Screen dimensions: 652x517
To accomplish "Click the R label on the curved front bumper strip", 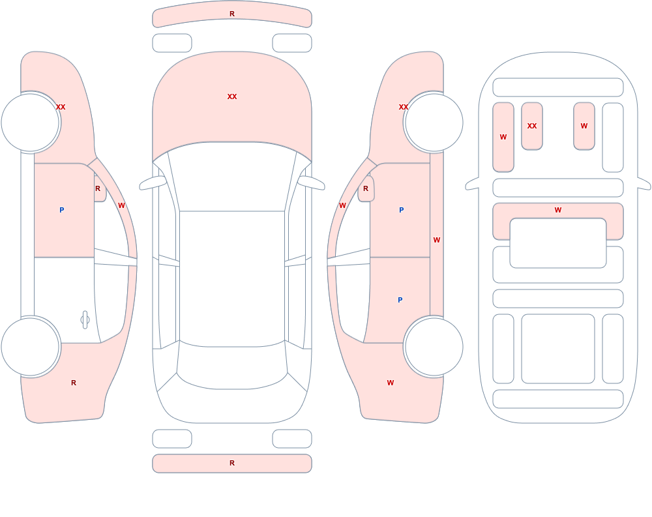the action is [x=232, y=14].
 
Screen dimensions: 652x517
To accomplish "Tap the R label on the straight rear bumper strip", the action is [x=232, y=463].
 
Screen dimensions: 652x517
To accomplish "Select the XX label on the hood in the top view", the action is [x=232, y=96].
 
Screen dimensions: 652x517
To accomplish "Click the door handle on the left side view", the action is [x=85, y=320].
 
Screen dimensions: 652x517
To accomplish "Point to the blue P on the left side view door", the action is [x=61, y=210].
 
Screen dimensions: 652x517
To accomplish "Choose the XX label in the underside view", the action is [x=532, y=126].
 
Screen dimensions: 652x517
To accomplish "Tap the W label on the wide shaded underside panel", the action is [x=558, y=210].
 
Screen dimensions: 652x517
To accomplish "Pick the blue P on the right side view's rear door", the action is [x=400, y=300].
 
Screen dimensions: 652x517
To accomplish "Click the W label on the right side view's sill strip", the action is [x=437, y=240].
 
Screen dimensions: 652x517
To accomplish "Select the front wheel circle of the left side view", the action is [x=30, y=123].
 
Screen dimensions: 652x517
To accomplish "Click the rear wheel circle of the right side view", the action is [x=434, y=346].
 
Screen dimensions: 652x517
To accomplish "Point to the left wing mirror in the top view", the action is [x=153, y=183].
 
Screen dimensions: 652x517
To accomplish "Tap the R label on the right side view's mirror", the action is [x=366, y=189].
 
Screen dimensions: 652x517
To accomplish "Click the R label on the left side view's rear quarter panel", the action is [x=74, y=383].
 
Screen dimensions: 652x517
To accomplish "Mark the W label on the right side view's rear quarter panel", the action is [x=391, y=383].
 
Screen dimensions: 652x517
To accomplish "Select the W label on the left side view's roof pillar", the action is [x=121, y=205].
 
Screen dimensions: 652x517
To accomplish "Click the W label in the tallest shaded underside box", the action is [x=503, y=138].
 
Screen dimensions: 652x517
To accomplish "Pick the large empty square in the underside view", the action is [x=558, y=349].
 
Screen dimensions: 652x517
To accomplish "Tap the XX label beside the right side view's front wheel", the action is [x=404, y=108].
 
